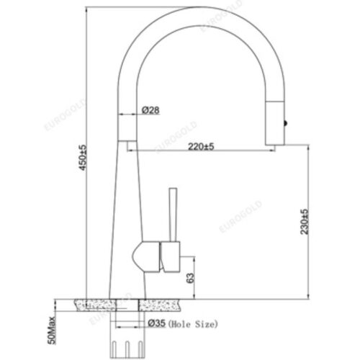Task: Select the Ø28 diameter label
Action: [150, 110]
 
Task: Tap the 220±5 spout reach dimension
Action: [199, 147]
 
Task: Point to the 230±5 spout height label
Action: [305, 222]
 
